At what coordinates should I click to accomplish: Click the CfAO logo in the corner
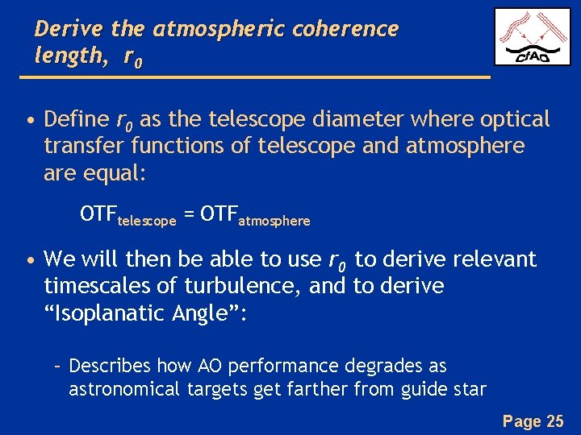(532, 36)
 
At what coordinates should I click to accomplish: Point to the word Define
(77, 120)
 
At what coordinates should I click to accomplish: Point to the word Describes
(110, 366)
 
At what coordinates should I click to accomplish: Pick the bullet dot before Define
(30, 122)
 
